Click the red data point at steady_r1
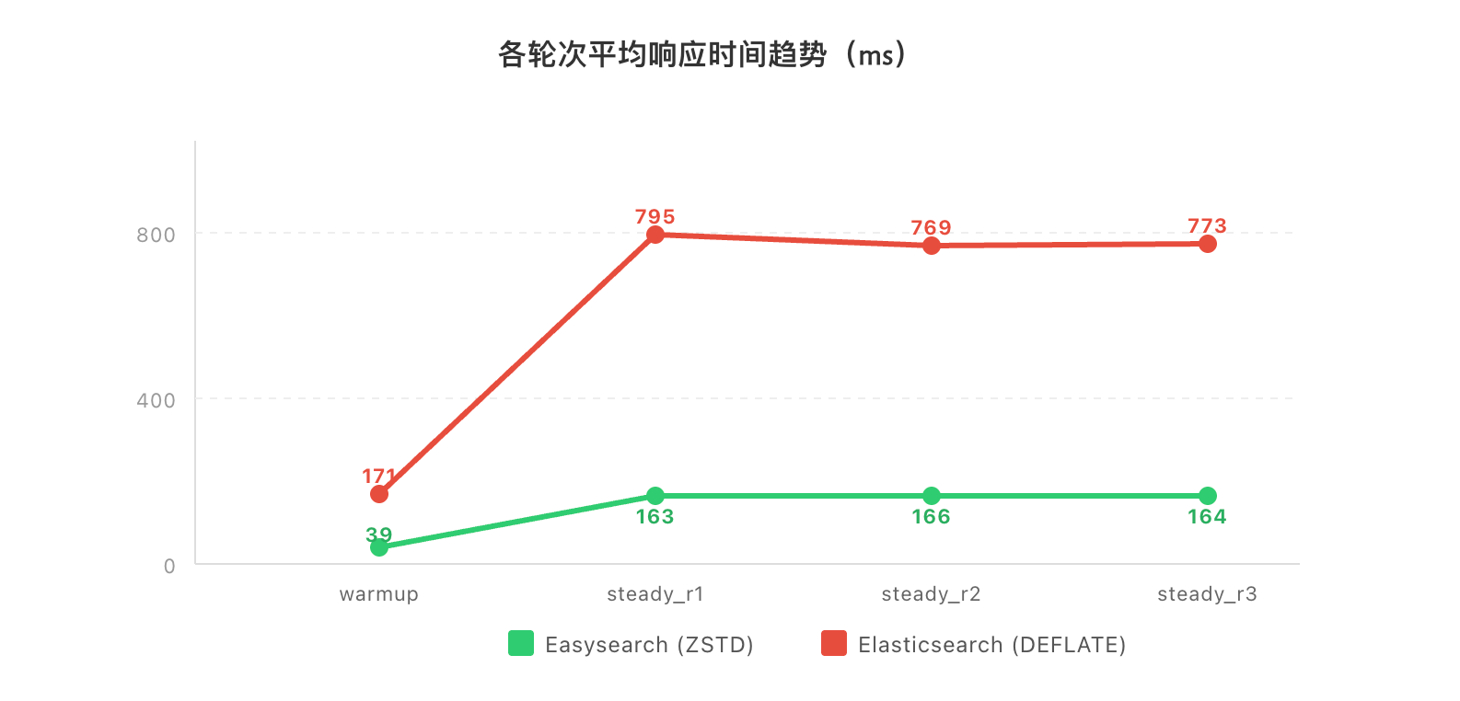655,235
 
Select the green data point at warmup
379,547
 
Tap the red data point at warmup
379,494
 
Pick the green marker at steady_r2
932,496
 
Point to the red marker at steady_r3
1208,244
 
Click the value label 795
655,217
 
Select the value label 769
932,227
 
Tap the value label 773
1208,225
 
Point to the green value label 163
655,517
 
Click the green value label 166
932,517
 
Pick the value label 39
379,534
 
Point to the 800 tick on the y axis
156,235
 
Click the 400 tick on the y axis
156,400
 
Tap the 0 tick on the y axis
169,566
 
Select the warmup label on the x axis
379,594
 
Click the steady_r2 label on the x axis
932,594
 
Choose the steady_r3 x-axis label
1208,594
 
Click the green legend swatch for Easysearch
521,644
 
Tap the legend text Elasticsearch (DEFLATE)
992,645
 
